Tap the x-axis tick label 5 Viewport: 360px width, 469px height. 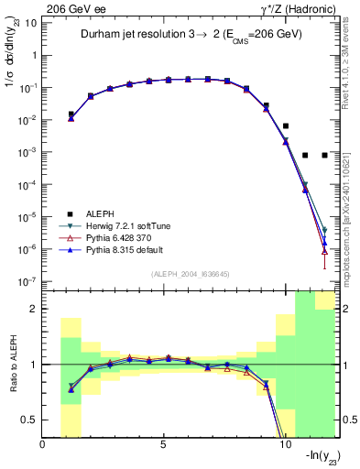tap(163, 445)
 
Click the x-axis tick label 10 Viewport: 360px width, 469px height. tap(284, 445)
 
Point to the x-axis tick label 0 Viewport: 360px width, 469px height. tap(43, 445)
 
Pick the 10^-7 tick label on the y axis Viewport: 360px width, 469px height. tap(27, 281)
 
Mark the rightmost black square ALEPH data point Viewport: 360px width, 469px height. tap(324, 155)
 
